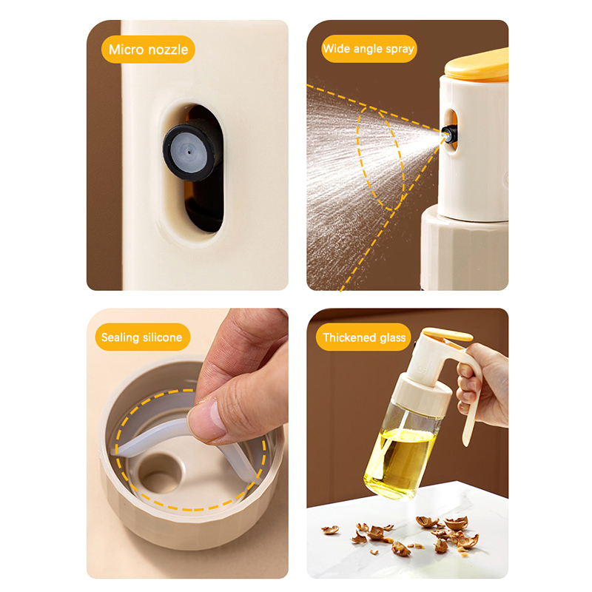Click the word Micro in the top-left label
(127, 50)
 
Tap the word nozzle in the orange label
(168, 50)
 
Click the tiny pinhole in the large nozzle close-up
(189, 152)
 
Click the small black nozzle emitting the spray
(449, 134)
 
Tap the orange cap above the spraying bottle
(477, 65)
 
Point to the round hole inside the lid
(161, 474)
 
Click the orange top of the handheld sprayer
(448, 334)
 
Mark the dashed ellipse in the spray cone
(380, 158)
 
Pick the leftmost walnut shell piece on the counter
(330, 530)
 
